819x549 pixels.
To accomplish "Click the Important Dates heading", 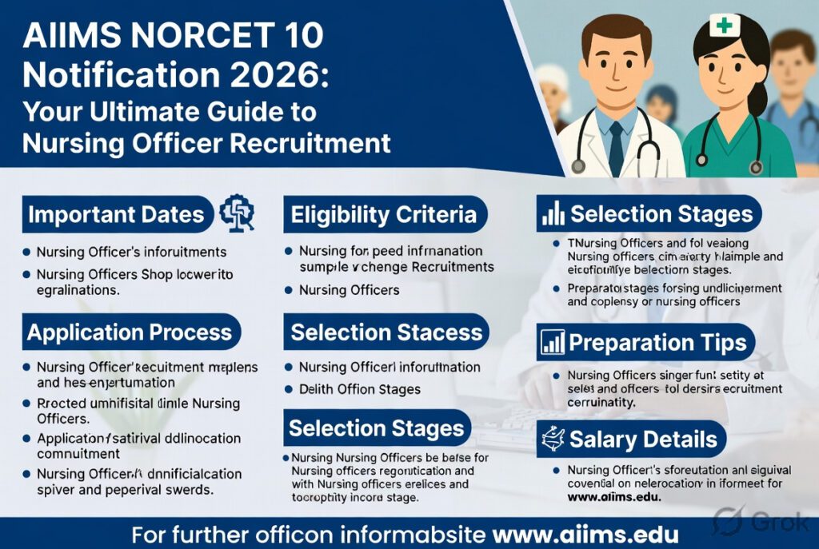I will pos(116,215).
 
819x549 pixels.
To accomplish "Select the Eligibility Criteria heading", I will pos(383,215).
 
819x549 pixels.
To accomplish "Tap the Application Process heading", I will pos(130,332).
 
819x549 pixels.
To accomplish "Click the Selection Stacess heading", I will pos(386,332).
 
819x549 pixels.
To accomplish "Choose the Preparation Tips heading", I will pos(657,343).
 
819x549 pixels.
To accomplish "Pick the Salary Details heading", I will pos(643,439).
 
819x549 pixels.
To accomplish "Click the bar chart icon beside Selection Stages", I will pos(553,214).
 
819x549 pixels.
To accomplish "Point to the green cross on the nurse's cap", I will pos(725,26).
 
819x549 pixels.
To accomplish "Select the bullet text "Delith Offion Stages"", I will pos(359,389).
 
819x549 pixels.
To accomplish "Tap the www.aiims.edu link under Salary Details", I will pos(616,497).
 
